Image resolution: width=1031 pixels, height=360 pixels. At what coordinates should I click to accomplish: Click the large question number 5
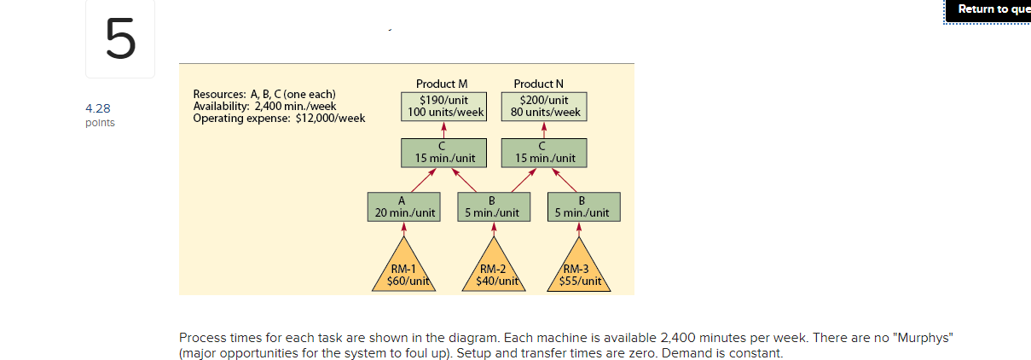pyautogui.click(x=121, y=40)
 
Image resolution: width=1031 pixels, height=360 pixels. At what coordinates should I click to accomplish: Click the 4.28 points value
pyautogui.click(x=98, y=108)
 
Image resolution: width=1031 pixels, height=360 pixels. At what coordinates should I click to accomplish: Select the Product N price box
pyautogui.click(x=543, y=106)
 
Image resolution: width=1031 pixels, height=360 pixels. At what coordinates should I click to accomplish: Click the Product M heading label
pyautogui.click(x=442, y=84)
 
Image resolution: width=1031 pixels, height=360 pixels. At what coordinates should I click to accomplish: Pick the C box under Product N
pyautogui.click(x=543, y=153)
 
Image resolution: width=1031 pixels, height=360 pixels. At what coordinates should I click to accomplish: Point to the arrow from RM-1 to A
pyautogui.click(x=403, y=229)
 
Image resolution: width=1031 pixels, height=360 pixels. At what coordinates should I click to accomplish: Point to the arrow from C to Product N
pyautogui.click(x=543, y=130)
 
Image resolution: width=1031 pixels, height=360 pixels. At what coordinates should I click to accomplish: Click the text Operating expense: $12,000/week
pyautogui.click(x=279, y=118)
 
